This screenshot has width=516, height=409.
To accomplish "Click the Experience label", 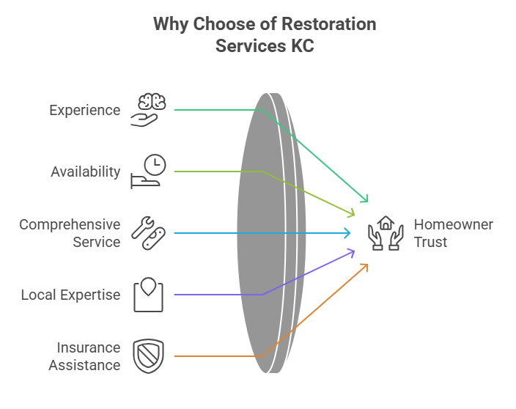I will [84, 110].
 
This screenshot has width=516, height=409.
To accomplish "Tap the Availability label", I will [85, 172].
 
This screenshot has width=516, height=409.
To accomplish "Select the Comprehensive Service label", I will [70, 233].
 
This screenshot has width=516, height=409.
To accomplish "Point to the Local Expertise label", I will [70, 295].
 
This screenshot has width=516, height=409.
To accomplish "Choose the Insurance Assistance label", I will [84, 355].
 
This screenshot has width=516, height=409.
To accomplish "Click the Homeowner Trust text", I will [453, 233].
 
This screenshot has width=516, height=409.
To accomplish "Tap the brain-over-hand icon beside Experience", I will [149, 110].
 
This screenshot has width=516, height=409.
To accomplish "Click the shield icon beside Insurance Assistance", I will [149, 356].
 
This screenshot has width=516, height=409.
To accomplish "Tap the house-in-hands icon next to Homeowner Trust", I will [386, 233].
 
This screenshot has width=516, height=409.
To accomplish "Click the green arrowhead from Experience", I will [364, 199].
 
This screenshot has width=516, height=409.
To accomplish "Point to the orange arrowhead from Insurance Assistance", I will [364, 267].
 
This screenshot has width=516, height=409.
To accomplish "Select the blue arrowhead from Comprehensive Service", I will [347, 233].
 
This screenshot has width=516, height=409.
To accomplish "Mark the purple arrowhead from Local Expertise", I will [351, 252].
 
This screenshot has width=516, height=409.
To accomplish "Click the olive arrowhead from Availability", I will [351, 214].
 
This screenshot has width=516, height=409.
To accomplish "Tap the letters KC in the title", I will [302, 45].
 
